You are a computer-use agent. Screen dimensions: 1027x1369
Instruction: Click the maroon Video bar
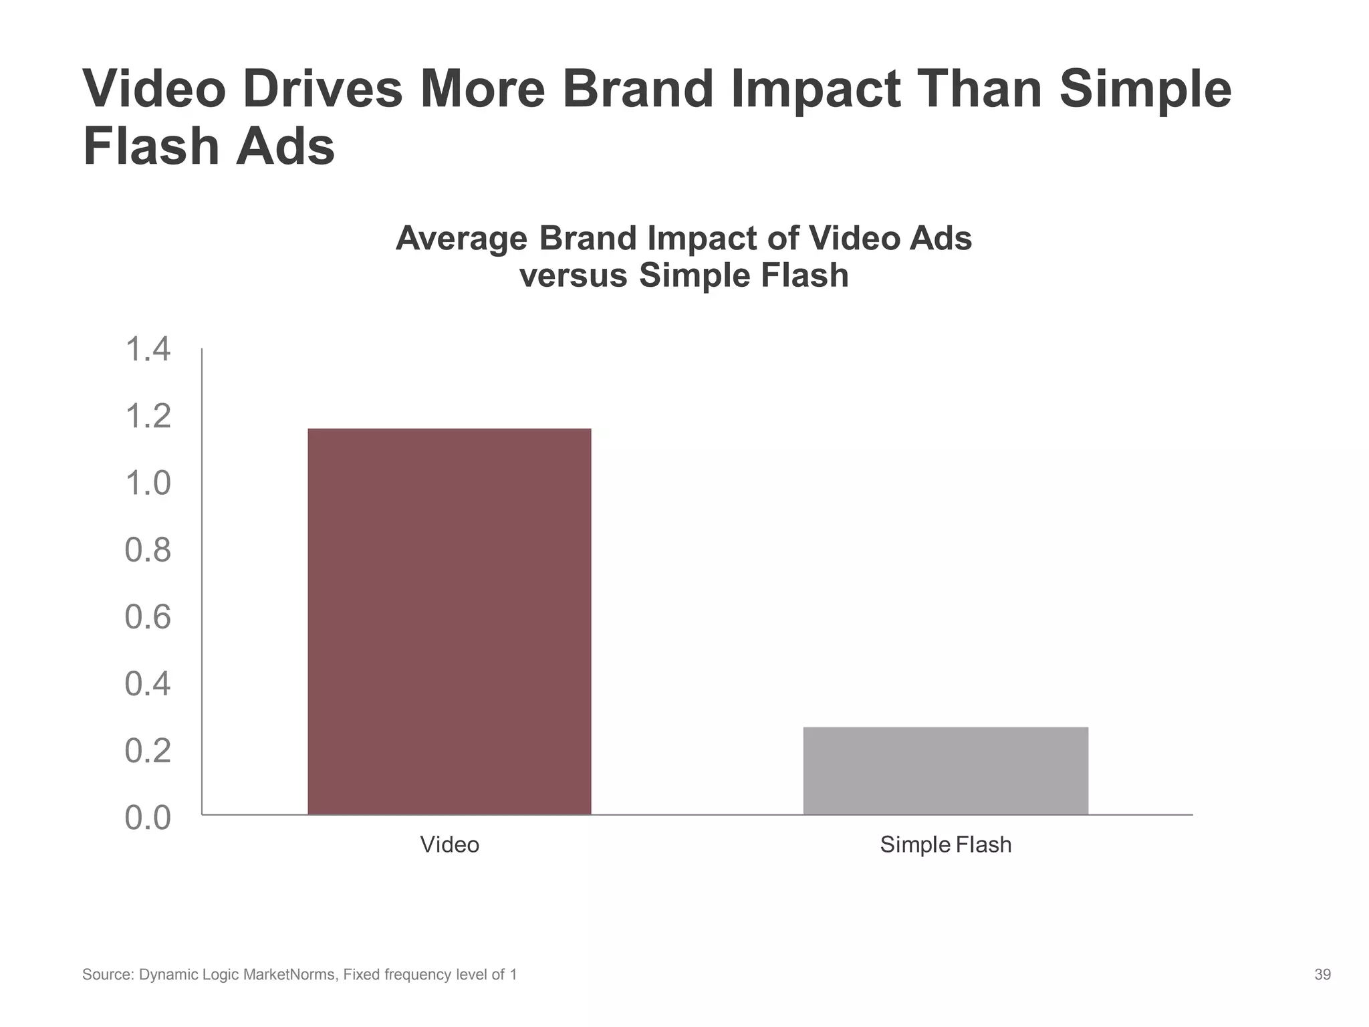coord(449,621)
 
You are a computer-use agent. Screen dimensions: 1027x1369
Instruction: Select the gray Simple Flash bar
coord(945,770)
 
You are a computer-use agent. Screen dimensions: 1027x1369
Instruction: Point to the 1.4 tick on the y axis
coord(148,350)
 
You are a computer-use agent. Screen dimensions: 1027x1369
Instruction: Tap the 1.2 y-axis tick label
coord(148,417)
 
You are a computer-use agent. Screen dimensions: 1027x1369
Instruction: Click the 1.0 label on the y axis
coord(148,483)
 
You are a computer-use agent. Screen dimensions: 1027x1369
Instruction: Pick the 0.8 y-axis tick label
coord(148,550)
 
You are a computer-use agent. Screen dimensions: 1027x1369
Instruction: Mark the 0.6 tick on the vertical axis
coord(148,616)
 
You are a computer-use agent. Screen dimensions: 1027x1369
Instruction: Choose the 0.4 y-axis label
coord(148,684)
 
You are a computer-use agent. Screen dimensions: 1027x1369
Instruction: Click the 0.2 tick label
coord(148,751)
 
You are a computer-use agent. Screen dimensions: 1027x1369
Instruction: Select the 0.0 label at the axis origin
coord(148,818)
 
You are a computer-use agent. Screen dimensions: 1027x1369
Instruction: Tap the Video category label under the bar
coord(449,844)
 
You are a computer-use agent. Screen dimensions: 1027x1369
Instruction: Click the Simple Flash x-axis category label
coord(945,844)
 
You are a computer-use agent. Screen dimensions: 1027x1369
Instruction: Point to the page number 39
coord(1322,975)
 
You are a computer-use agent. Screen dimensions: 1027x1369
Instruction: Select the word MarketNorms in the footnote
coord(289,975)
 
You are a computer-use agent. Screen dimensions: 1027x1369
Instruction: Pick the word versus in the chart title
coord(574,275)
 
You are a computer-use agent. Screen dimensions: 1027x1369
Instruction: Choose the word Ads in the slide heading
coord(285,147)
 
